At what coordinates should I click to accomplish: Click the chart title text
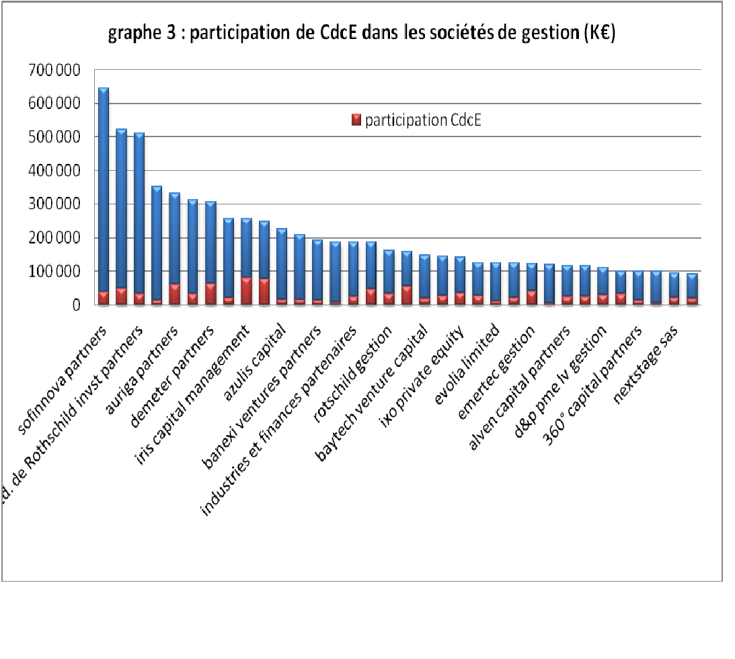[362, 35]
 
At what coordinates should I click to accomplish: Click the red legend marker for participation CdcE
[356, 121]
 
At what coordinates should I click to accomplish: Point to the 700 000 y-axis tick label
[54, 70]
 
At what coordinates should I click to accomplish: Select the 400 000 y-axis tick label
[54, 171]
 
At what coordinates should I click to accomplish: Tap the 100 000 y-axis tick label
[54, 272]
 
